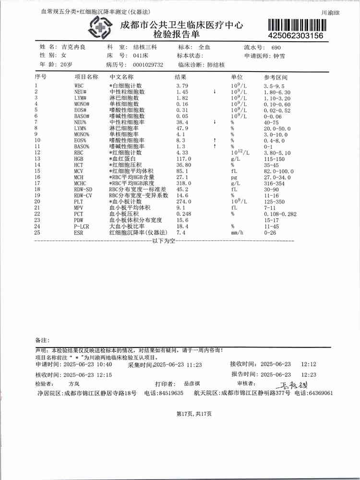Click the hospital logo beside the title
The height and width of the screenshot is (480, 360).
[x=101, y=27]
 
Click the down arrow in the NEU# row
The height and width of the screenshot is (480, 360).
[x=215, y=91]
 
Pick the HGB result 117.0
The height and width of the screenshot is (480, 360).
[x=184, y=158]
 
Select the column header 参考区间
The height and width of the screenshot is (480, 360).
[x=275, y=77]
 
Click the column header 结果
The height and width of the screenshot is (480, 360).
[x=180, y=77]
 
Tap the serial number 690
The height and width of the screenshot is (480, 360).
[x=276, y=48]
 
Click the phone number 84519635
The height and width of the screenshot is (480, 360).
[x=170, y=393]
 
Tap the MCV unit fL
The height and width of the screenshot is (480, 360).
[x=234, y=171]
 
